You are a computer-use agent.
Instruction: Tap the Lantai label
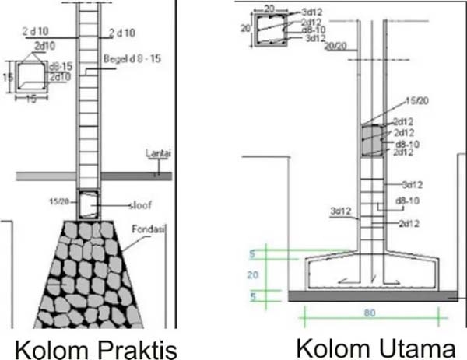[x=156, y=156]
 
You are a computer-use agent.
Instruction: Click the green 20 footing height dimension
[x=251, y=274]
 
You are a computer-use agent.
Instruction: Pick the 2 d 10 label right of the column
[x=123, y=33]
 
